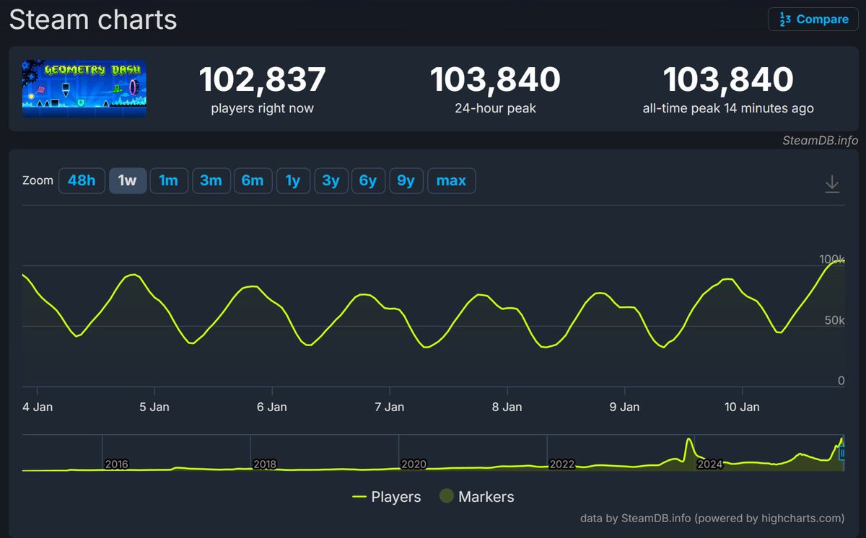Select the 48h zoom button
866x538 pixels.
pos(82,180)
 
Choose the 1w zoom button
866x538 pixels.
pos(128,180)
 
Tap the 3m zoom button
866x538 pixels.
pos(211,180)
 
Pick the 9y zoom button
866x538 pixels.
pos(406,180)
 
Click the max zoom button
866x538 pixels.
pos(451,180)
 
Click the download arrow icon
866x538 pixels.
pos(832,184)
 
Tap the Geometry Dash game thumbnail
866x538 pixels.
pos(84,88)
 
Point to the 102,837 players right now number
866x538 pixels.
pos(263,79)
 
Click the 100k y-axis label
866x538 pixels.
pos(831,259)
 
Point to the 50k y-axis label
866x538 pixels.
pos(834,320)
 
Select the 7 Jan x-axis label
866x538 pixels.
pos(390,407)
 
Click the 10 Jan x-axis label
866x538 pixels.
pos(742,407)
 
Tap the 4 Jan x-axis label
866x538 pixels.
pos(38,407)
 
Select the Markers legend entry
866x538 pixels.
pos(477,497)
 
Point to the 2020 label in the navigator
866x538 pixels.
pos(414,464)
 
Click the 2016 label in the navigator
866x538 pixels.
pos(116,464)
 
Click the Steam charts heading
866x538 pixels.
pos(93,19)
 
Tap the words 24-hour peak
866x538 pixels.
pos(495,109)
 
